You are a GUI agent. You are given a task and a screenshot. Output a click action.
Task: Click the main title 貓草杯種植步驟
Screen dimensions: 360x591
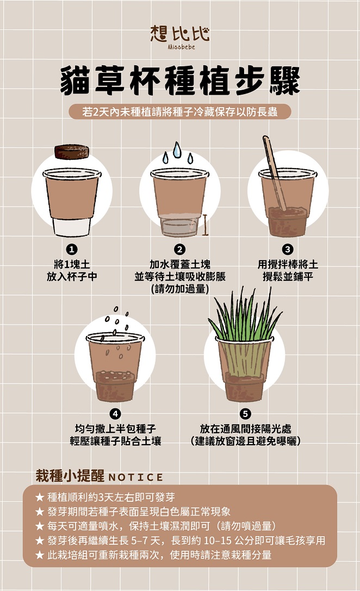pos(180,80)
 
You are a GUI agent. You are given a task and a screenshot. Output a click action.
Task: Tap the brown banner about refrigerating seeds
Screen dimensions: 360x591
pos(180,112)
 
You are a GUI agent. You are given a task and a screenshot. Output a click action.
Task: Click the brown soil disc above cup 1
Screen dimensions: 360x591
pos(72,152)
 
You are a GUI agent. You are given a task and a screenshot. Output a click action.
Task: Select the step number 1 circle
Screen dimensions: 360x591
pos(72,249)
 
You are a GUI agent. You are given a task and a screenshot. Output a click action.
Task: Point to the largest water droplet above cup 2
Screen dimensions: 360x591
pos(177,150)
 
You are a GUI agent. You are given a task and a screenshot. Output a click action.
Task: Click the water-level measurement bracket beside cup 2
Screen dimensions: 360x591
pos(206,225)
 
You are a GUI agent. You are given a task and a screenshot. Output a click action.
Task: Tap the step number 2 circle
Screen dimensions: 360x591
pos(180,249)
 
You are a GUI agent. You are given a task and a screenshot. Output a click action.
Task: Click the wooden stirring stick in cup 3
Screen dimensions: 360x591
pos(275,173)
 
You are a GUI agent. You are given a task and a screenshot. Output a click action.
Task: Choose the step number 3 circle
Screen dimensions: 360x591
pos(288,249)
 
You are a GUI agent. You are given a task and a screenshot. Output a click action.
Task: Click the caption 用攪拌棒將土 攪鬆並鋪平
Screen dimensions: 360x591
pos(288,270)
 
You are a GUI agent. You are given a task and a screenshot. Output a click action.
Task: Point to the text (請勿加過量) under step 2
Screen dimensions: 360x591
pos(180,289)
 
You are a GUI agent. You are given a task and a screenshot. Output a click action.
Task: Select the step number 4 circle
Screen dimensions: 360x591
pos(115,413)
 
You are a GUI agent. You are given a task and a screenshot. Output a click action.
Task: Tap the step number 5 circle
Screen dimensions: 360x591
pos(245,413)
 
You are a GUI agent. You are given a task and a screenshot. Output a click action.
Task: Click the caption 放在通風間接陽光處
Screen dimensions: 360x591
pos(245,428)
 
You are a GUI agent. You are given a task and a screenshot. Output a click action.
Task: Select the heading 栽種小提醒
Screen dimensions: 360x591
pos(70,476)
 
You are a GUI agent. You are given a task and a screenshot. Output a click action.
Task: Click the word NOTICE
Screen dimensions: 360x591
pos(136,477)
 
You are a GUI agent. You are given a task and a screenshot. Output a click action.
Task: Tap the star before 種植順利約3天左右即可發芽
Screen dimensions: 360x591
pos(40,497)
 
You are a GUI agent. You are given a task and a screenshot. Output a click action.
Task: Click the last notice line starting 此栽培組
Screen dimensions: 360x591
pos(153,555)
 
